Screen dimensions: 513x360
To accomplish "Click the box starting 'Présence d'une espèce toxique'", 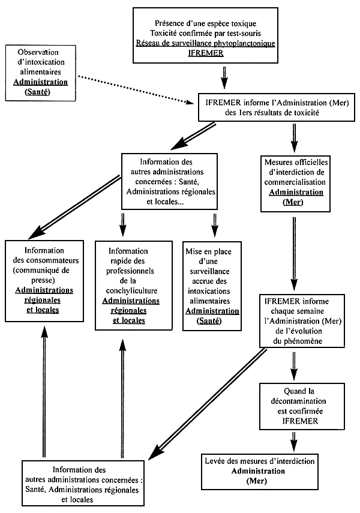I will pyautogui.click(x=205, y=35).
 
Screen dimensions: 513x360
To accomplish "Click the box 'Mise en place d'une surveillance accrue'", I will pyautogui.click(x=212, y=281).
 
